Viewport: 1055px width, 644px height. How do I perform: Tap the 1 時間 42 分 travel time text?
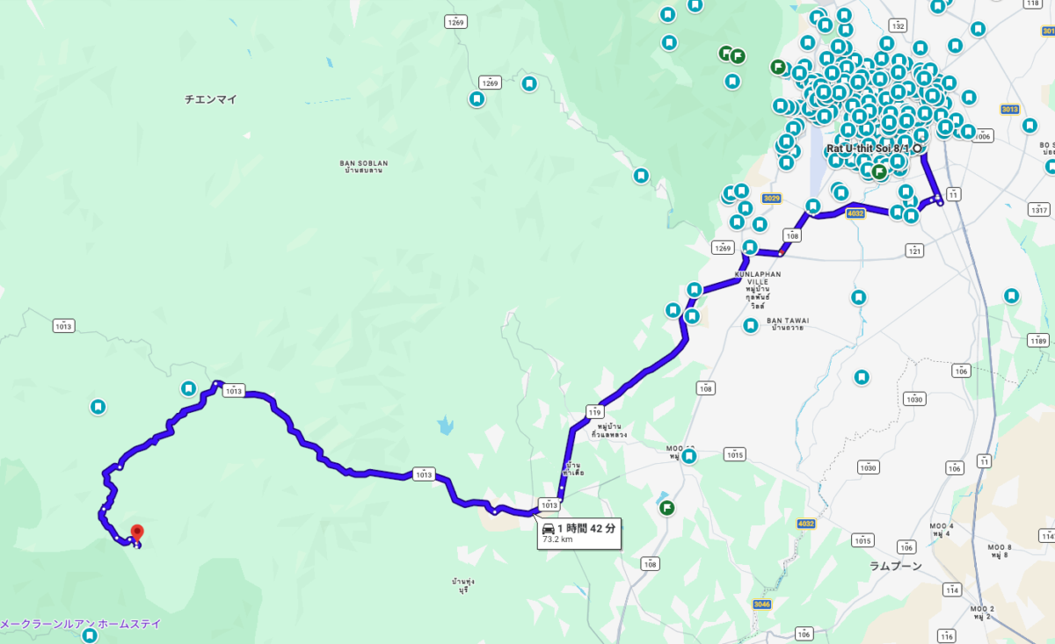(586, 528)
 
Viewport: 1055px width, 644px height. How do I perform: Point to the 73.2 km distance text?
(557, 539)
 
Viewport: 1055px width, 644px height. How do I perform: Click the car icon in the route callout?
(549, 528)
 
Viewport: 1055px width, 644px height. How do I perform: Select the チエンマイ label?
(211, 99)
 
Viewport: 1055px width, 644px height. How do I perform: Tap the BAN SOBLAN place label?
(363, 164)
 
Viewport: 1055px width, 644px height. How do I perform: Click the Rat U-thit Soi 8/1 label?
(868, 148)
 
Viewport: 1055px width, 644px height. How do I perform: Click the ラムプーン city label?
(896, 566)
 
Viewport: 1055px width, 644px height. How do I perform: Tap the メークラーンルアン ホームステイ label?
(81, 624)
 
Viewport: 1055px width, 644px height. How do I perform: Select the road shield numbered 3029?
(772, 199)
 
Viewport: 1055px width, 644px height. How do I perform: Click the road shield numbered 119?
(596, 411)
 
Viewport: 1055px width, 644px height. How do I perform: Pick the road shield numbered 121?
(915, 250)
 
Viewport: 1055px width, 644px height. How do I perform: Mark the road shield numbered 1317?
(1039, 210)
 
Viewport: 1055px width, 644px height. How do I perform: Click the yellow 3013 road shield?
(1008, 109)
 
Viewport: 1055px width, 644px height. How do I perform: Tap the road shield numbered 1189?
(1039, 341)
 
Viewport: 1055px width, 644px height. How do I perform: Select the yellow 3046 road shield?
(762, 604)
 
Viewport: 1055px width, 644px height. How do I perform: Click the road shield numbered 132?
(898, 26)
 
